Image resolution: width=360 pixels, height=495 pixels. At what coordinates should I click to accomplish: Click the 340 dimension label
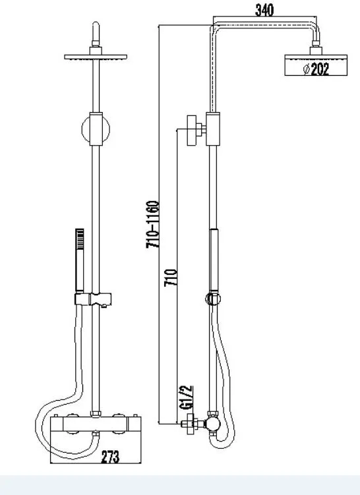(264, 10)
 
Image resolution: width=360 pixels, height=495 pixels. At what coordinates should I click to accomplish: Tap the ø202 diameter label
(316, 69)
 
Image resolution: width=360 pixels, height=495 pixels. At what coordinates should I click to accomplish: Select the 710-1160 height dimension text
(153, 225)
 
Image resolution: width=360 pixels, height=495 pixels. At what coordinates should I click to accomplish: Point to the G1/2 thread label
(186, 397)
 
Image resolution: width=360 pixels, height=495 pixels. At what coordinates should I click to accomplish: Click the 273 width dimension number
(110, 457)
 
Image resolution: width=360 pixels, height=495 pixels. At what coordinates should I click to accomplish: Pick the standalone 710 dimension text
(171, 277)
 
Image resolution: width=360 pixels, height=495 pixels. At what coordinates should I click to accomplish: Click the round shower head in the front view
(96, 57)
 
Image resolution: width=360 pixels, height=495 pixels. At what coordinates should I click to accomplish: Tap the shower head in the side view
(316, 65)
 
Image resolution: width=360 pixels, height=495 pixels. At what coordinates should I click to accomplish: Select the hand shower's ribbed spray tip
(80, 239)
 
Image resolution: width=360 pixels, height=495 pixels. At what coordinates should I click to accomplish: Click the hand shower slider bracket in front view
(93, 299)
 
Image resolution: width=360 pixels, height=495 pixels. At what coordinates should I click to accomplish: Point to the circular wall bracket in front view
(96, 129)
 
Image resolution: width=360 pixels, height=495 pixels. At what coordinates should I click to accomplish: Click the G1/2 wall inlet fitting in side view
(192, 424)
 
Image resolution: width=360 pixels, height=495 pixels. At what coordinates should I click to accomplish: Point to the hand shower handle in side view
(214, 260)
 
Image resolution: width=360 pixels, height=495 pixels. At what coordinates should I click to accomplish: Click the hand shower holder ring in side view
(213, 299)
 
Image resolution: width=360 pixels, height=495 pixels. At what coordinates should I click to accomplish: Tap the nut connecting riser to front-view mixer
(96, 413)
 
